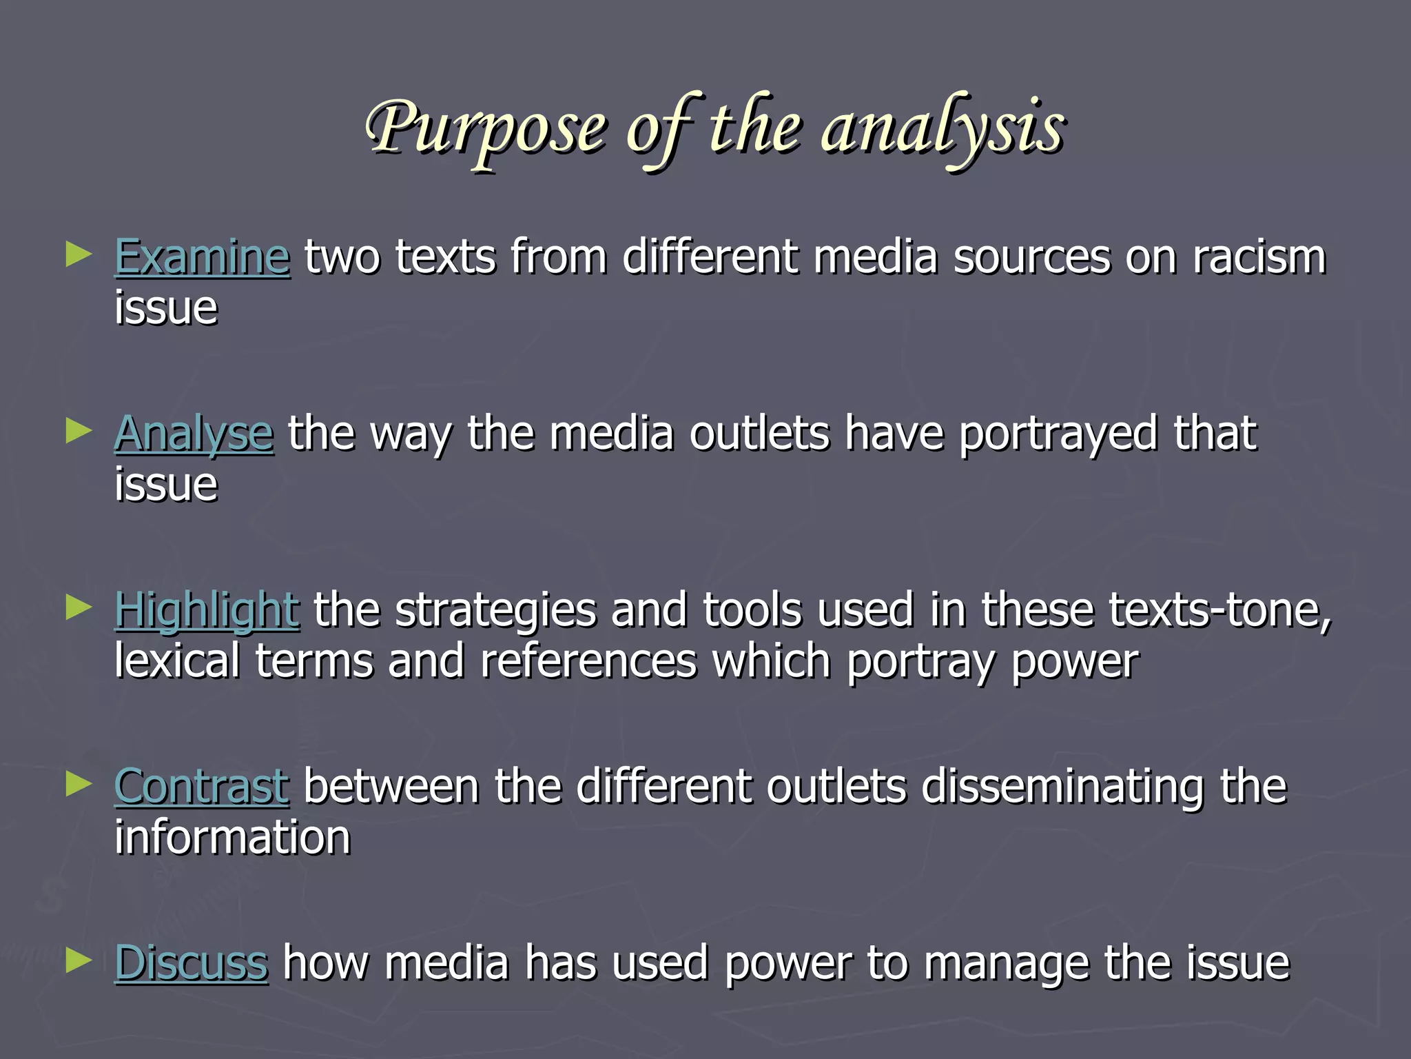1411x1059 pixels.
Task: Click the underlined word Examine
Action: (202, 256)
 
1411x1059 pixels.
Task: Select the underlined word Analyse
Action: (194, 434)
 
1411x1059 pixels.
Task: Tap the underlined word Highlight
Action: (207, 611)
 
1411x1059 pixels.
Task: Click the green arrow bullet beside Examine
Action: (79, 254)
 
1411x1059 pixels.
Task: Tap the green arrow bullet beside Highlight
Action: (79, 607)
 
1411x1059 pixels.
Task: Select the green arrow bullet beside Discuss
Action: (79, 960)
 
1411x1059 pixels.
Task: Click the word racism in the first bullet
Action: (1259, 256)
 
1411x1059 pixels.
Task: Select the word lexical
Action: (177, 660)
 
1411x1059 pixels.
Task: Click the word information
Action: (232, 837)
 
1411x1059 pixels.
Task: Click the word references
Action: (588, 660)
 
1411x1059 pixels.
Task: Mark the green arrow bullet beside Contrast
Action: (79, 784)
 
